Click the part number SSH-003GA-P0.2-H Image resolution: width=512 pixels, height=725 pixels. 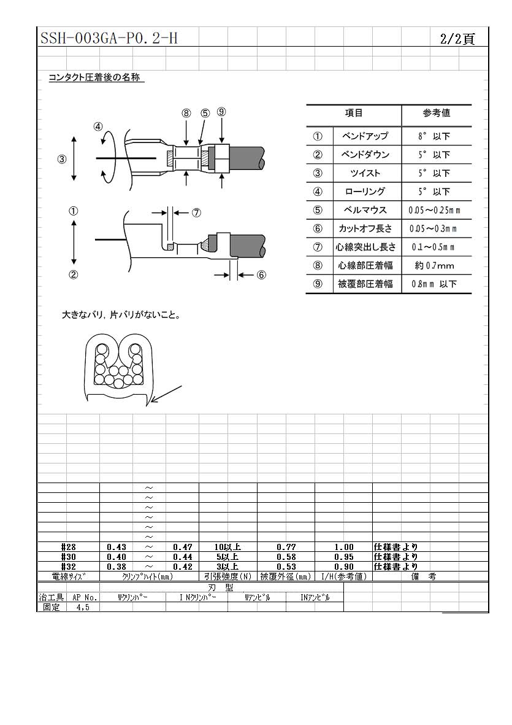click(x=109, y=39)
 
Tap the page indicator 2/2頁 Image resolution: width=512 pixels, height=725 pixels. click(x=457, y=39)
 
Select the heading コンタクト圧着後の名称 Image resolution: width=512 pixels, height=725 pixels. click(x=96, y=78)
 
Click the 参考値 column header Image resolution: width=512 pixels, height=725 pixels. click(x=436, y=113)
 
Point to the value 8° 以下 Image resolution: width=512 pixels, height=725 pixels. click(x=436, y=136)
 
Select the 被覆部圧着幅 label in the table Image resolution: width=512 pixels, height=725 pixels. click(x=365, y=284)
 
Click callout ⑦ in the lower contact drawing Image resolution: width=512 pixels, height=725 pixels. click(x=196, y=213)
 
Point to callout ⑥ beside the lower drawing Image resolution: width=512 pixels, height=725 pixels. click(x=261, y=275)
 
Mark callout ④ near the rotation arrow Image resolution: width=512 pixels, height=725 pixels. click(x=98, y=127)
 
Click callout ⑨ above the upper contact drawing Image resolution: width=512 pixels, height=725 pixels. click(x=221, y=112)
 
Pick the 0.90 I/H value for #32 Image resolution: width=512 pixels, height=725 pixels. click(x=343, y=567)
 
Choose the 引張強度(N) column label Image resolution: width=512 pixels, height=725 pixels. click(x=227, y=576)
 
